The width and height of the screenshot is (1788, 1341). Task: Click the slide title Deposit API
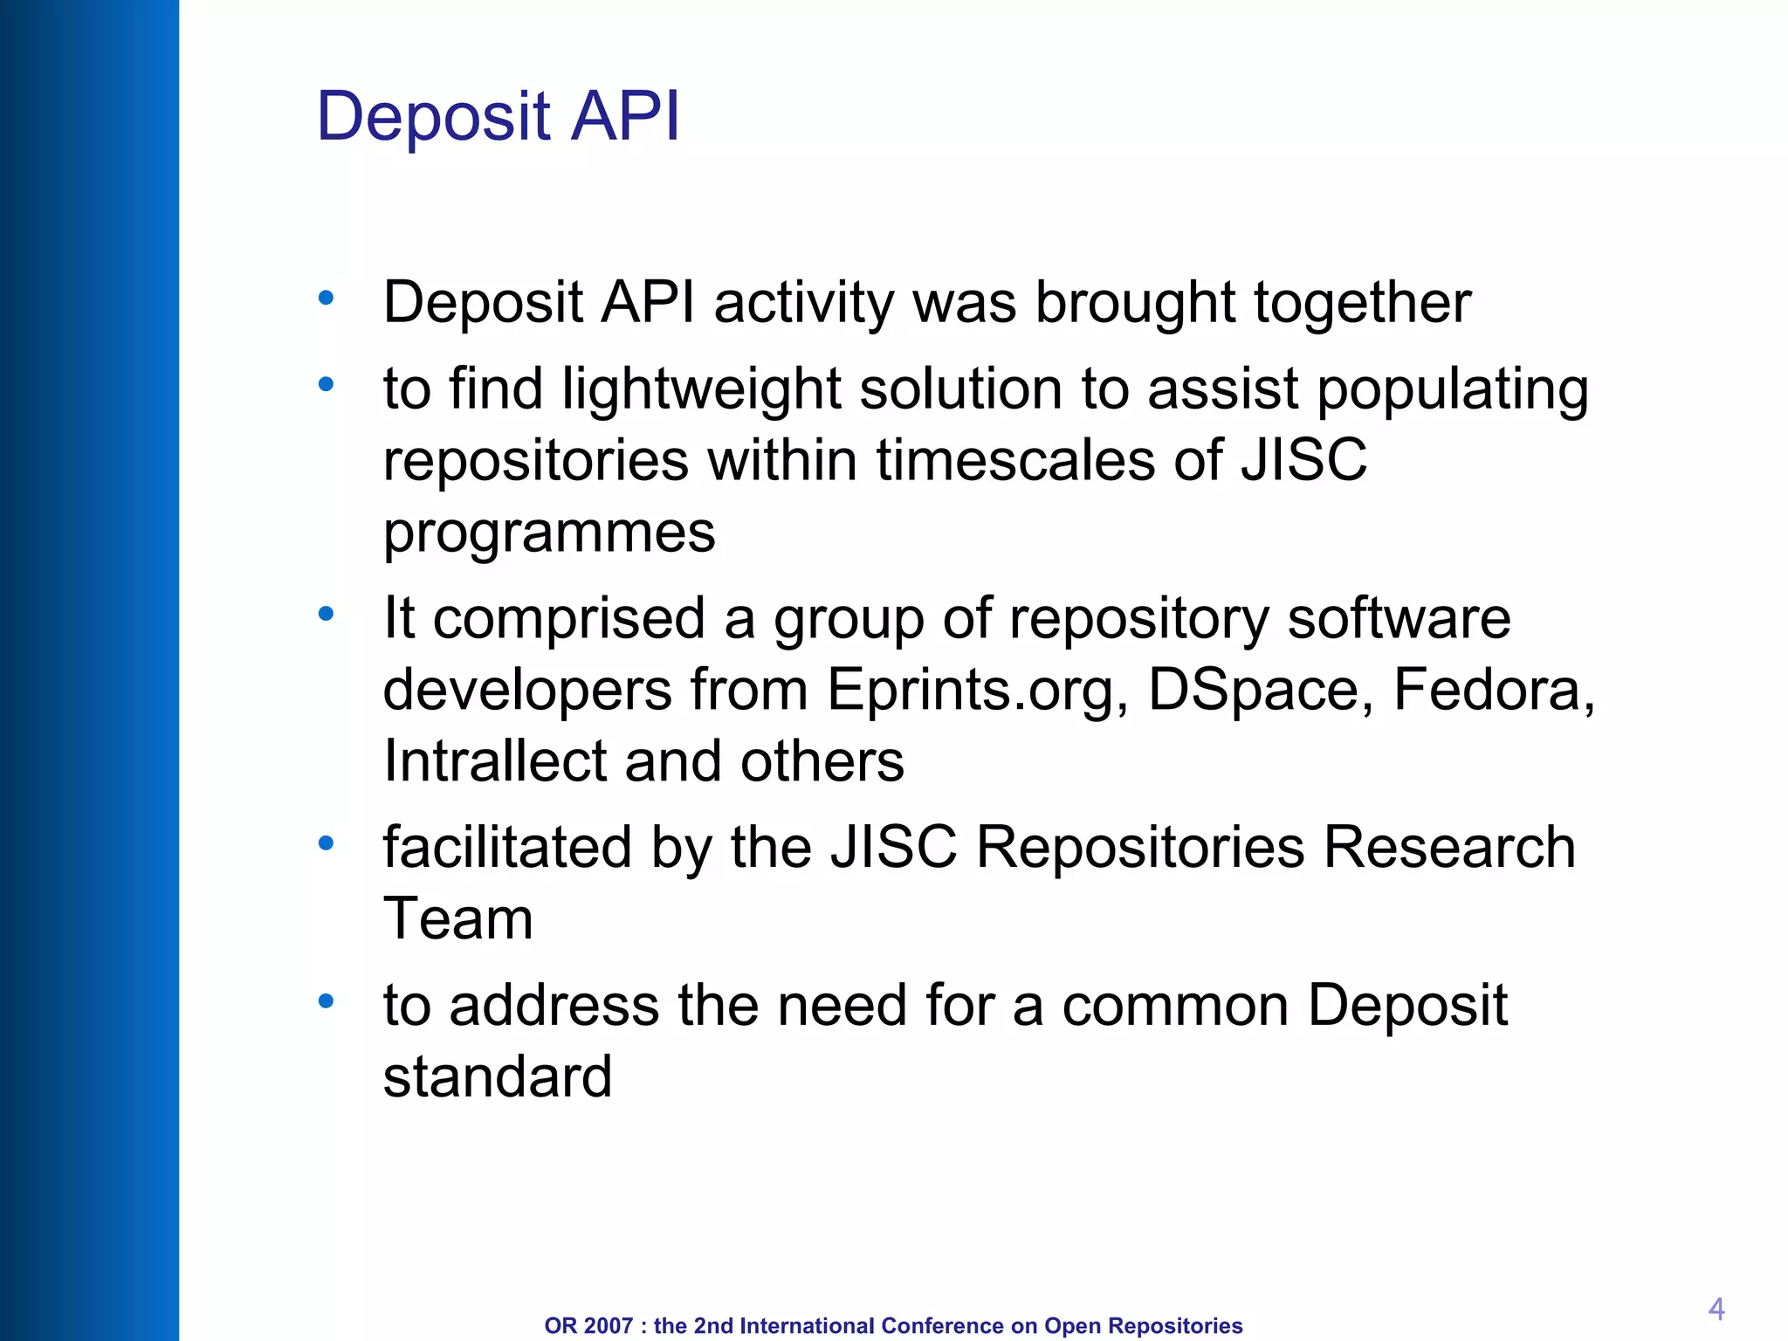click(498, 116)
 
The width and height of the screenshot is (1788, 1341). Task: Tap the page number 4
click(1716, 1309)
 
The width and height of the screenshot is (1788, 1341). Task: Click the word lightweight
click(700, 389)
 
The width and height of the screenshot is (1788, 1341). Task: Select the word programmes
click(549, 533)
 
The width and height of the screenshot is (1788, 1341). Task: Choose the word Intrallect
click(494, 761)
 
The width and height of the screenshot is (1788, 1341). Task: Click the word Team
click(457, 919)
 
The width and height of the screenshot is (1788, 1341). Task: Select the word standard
click(498, 1076)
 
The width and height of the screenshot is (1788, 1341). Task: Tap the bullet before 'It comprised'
click(327, 615)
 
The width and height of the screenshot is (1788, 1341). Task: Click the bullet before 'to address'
click(327, 1001)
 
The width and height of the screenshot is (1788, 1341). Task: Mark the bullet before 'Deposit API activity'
click(327, 299)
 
